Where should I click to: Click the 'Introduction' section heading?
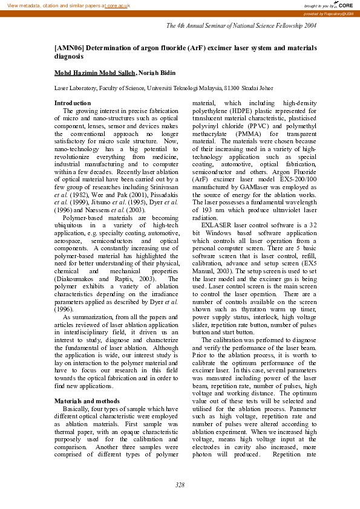pyautogui.click(x=73, y=103)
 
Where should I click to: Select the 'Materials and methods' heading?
pyautogui.click(x=87, y=401)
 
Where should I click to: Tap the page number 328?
pyautogui.click(x=180, y=485)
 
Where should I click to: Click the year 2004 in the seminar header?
pyautogui.click(x=310, y=26)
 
